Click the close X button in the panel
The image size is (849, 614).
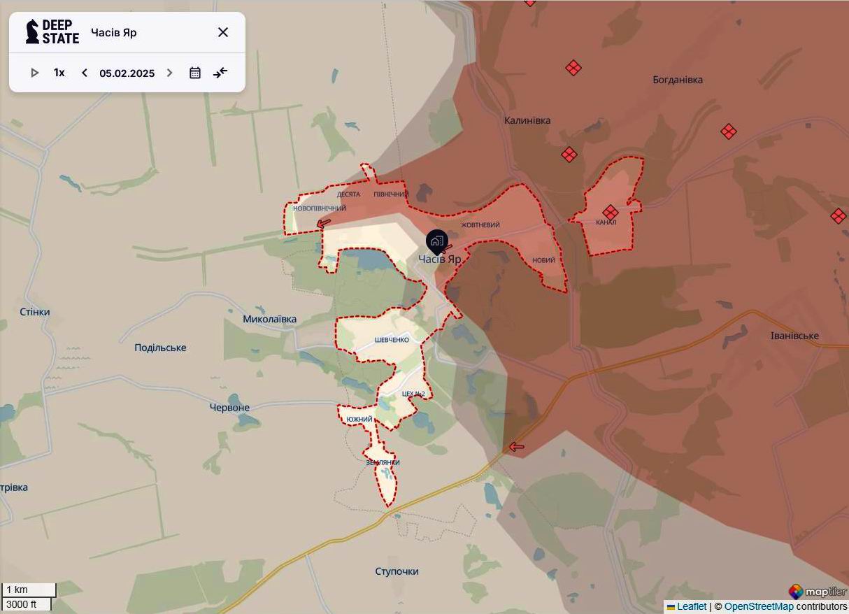click(223, 32)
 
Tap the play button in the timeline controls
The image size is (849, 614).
click(34, 73)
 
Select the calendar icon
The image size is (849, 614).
click(195, 73)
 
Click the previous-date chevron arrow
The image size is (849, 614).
click(85, 73)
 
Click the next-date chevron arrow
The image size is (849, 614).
click(169, 73)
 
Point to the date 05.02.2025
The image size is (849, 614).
click(127, 73)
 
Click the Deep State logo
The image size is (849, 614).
click(52, 32)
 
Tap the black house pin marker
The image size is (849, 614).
click(437, 242)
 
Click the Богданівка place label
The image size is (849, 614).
click(677, 80)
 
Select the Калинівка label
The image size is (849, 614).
click(527, 120)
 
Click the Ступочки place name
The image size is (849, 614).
click(397, 571)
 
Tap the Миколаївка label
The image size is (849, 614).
click(269, 319)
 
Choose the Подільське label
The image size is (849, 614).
click(160, 348)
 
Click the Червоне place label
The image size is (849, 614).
click(229, 407)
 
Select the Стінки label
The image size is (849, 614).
click(35, 312)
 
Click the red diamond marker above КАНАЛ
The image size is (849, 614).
click(611, 212)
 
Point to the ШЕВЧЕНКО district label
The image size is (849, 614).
click(392, 340)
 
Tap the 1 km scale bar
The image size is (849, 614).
click(29, 590)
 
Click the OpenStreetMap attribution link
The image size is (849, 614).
click(759, 606)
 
